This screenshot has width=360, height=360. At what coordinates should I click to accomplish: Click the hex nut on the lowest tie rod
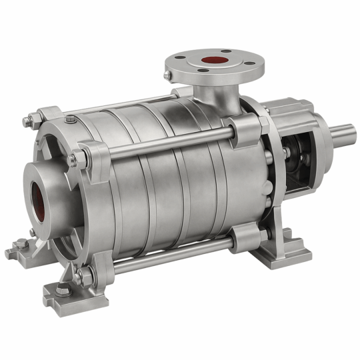coord(79,274)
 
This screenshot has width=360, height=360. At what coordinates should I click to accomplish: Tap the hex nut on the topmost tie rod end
coord(31,121)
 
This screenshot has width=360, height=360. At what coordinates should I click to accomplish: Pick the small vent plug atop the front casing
coord(71,120)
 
